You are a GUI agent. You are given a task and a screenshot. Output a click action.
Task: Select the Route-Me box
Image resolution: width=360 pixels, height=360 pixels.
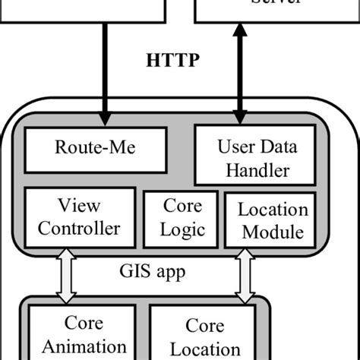tap(96, 150)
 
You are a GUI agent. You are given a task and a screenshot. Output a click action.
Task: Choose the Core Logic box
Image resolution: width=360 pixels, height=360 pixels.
tap(182, 218)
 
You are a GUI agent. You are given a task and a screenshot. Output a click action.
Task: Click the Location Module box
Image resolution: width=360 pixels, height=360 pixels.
tap(273, 220)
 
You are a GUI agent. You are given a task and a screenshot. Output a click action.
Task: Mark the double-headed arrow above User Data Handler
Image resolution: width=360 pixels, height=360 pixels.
tap(240, 72)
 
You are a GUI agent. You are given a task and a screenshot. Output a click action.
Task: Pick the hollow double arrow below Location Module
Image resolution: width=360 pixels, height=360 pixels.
tap(245, 275)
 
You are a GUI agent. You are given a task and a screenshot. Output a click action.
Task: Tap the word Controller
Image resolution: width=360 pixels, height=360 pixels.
tap(79, 228)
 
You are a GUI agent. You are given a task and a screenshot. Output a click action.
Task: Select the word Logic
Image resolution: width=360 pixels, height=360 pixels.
tap(182, 229)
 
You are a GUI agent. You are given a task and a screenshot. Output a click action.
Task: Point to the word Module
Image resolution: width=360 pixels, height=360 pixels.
tap(273, 232)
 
